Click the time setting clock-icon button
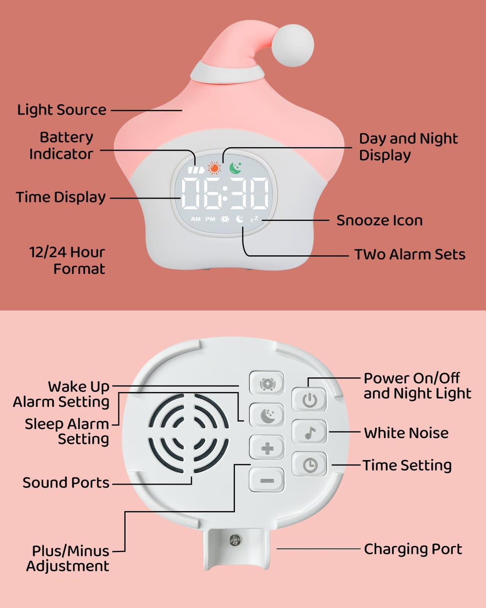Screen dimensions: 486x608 coord(310,465)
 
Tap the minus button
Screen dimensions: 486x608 coord(267,480)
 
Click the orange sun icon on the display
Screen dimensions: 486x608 coord(215,168)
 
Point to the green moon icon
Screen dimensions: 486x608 coord(235,168)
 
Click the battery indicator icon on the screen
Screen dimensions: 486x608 coord(196,170)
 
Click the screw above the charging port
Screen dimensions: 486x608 coord(235,540)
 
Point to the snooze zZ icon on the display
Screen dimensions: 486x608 coord(254,219)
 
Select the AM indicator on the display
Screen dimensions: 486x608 coord(196,219)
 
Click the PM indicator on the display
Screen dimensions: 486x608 coord(211,219)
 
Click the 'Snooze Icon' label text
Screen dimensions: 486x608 coord(379,220)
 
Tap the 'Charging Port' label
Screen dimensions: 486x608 coord(413,549)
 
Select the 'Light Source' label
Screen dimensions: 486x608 coord(62,109)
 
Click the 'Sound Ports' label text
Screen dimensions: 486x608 coord(66,482)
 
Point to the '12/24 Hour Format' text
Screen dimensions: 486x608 coord(67,260)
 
